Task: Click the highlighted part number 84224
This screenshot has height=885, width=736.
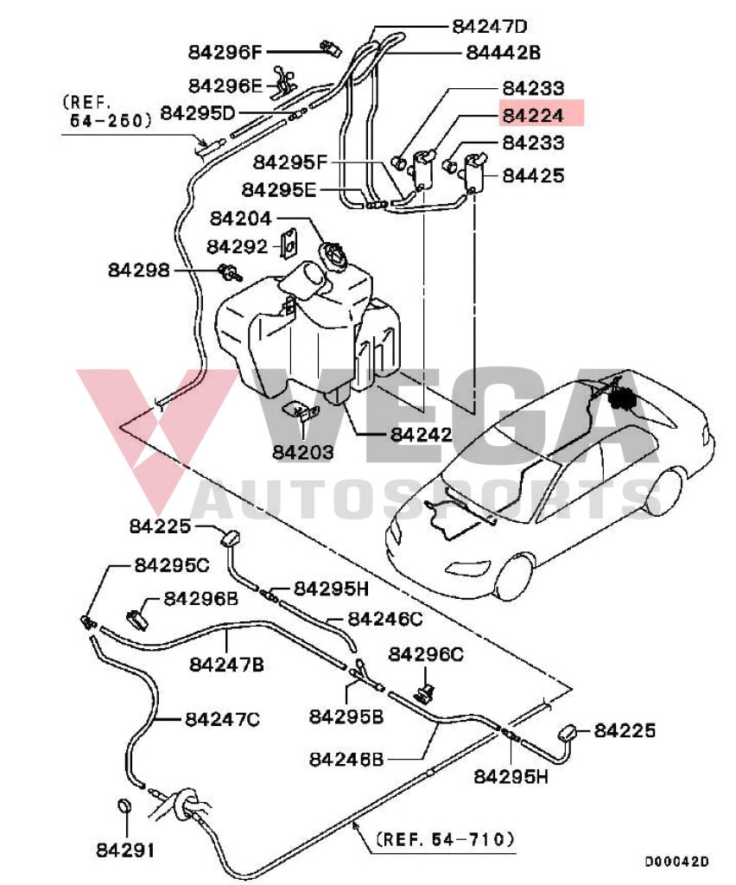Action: click(533, 115)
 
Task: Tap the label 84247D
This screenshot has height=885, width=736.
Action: click(489, 26)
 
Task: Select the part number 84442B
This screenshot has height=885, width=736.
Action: click(503, 52)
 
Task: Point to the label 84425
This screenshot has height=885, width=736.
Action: click(533, 176)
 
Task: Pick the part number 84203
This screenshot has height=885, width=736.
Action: click(302, 452)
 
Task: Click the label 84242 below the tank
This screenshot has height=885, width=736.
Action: click(421, 434)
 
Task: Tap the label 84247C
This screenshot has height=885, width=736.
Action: click(222, 718)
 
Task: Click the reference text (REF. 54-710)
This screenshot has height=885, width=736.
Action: click(445, 838)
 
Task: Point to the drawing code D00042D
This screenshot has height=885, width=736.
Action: click(676, 862)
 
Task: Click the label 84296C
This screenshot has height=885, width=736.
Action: click(426, 655)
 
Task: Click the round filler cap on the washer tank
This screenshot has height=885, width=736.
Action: click(333, 256)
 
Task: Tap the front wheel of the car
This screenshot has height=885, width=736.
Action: click(515, 576)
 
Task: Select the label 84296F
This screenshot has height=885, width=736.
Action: click(225, 52)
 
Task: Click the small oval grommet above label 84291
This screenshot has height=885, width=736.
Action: click(124, 807)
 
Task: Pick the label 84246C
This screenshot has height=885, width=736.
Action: click(385, 619)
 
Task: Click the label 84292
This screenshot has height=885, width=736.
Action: click(237, 246)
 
